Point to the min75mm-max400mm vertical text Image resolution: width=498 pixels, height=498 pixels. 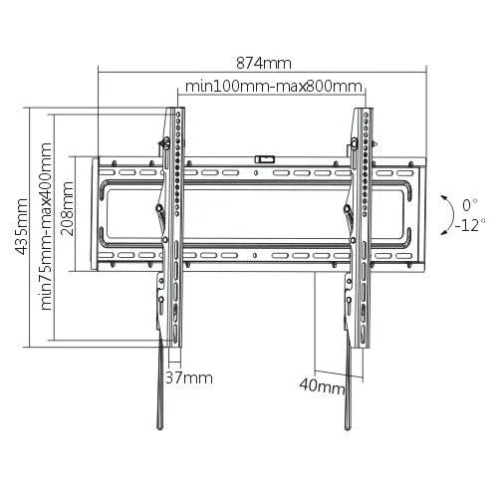click(47, 226)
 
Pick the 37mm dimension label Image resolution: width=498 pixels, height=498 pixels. click(190, 378)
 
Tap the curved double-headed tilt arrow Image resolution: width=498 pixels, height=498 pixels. click(442, 213)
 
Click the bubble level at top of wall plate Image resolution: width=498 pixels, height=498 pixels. click(265, 156)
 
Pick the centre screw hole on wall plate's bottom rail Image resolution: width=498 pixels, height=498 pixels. click(265, 256)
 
